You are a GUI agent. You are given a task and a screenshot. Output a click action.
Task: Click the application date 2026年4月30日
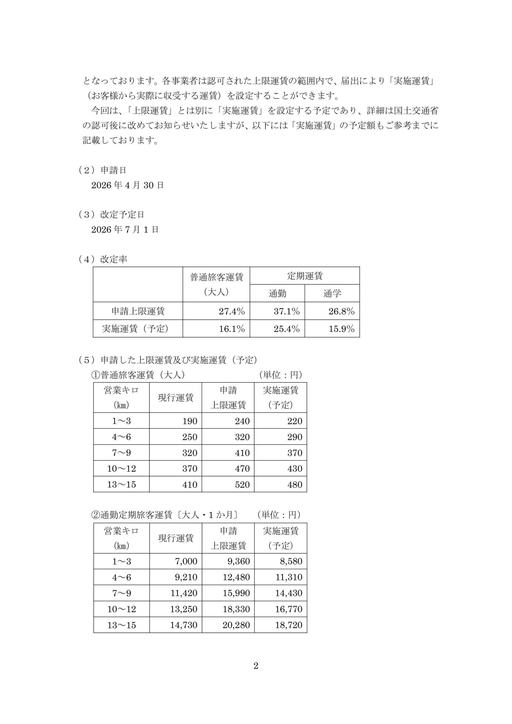pyautogui.click(x=128, y=185)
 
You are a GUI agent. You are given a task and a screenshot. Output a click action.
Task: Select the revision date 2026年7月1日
pyautogui.click(x=125, y=230)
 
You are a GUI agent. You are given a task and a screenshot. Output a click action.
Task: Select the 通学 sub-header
pyautogui.click(x=332, y=294)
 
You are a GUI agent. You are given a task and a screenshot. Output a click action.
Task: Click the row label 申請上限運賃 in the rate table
pyautogui.click(x=138, y=311)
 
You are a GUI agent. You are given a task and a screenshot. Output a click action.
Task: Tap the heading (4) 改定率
pyautogui.click(x=103, y=259)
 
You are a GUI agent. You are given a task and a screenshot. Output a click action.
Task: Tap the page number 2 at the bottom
pyautogui.click(x=256, y=666)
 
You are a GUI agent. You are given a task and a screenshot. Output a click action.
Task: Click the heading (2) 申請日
pyautogui.click(x=103, y=170)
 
